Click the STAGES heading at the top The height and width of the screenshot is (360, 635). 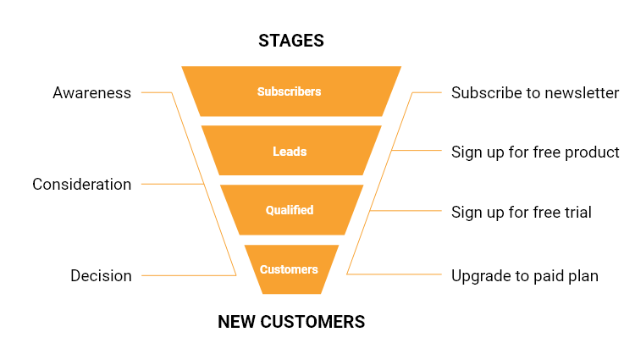click(x=290, y=41)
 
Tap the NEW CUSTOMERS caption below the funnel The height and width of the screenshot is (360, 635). click(x=290, y=322)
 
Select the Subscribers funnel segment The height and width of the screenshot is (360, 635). click(x=290, y=91)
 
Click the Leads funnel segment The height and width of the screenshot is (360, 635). click(x=290, y=152)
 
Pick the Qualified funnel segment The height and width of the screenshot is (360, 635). click(x=290, y=210)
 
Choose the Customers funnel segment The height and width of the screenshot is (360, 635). click(x=290, y=269)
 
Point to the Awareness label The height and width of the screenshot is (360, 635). click(x=91, y=93)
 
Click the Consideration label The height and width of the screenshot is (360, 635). click(x=81, y=184)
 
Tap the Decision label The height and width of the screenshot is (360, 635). click(x=101, y=275)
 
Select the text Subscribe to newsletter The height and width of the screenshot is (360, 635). click(x=535, y=92)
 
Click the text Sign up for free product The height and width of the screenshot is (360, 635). click(x=535, y=152)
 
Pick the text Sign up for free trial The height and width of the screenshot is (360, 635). click(x=521, y=212)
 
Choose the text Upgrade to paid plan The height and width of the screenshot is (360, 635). click(x=524, y=275)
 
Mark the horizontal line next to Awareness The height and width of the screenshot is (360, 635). click(x=156, y=92)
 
